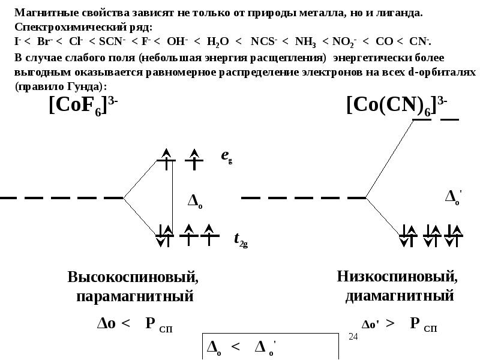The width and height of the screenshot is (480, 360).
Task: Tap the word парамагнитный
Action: (134, 296)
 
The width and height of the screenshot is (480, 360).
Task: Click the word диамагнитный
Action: (399, 295)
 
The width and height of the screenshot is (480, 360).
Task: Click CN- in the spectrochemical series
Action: (419, 41)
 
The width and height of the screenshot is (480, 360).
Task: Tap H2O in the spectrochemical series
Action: (218, 41)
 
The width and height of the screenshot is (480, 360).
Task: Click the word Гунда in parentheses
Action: (80, 86)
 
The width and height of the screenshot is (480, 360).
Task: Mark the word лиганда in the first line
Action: (400, 13)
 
